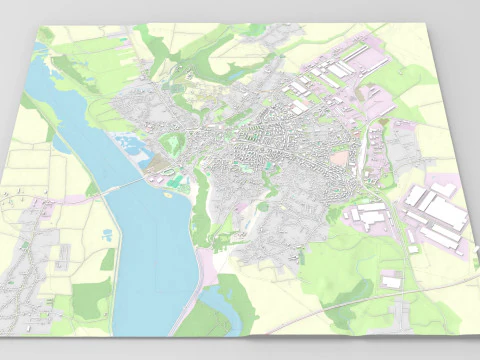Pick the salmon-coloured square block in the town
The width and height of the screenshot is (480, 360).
point(341,157)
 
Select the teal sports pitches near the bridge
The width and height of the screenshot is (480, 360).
point(176,180)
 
